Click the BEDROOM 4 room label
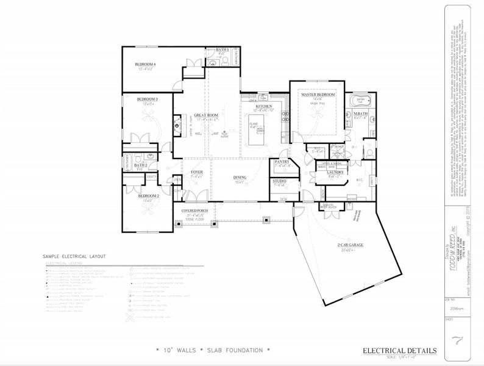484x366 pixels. click(146, 64)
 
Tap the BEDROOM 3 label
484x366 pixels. click(148, 99)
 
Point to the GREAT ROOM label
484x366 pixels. click(206, 115)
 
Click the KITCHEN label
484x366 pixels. click(264, 106)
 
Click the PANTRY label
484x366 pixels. click(281, 162)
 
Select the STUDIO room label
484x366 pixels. click(280, 181)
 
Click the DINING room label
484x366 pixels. click(240, 178)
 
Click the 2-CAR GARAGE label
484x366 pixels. click(351, 245)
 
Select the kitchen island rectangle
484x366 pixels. click(255, 131)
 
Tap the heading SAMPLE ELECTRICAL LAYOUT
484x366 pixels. click(74, 257)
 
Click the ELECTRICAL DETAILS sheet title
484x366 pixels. click(399, 350)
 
